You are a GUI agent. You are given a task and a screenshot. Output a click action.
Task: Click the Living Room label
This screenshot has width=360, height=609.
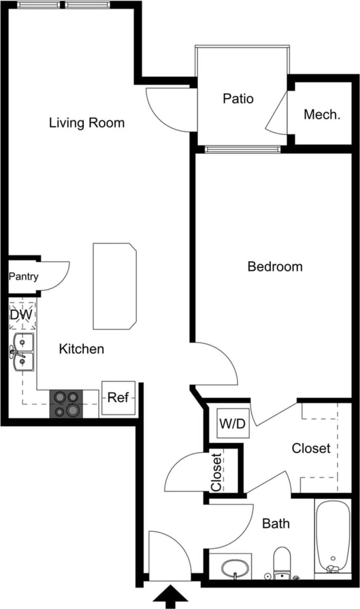[x=87, y=123]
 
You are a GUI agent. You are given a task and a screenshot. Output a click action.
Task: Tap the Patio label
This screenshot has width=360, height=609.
[x=238, y=99]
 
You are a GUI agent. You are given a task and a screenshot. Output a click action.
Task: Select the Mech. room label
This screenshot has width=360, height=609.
[x=321, y=114]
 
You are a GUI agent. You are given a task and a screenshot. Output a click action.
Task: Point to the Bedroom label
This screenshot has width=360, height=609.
[x=275, y=266]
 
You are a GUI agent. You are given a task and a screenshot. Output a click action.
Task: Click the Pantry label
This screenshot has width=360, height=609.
[x=23, y=276]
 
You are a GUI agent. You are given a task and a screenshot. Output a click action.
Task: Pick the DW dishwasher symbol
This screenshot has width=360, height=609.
[x=22, y=315]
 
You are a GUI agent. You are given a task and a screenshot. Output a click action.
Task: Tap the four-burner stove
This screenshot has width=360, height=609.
[x=66, y=404]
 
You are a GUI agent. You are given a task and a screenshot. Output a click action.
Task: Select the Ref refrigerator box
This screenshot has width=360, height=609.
[x=118, y=398]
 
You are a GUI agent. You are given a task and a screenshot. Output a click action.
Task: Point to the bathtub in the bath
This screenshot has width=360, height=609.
[x=332, y=536]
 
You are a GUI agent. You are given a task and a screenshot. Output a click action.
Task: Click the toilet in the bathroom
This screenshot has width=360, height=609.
[x=282, y=562]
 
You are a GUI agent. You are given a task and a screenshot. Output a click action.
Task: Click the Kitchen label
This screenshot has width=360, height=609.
[x=81, y=349]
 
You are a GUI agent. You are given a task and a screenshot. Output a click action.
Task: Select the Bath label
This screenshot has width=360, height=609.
[x=276, y=523]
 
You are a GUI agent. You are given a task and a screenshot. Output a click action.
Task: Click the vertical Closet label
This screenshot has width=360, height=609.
[x=216, y=472]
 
